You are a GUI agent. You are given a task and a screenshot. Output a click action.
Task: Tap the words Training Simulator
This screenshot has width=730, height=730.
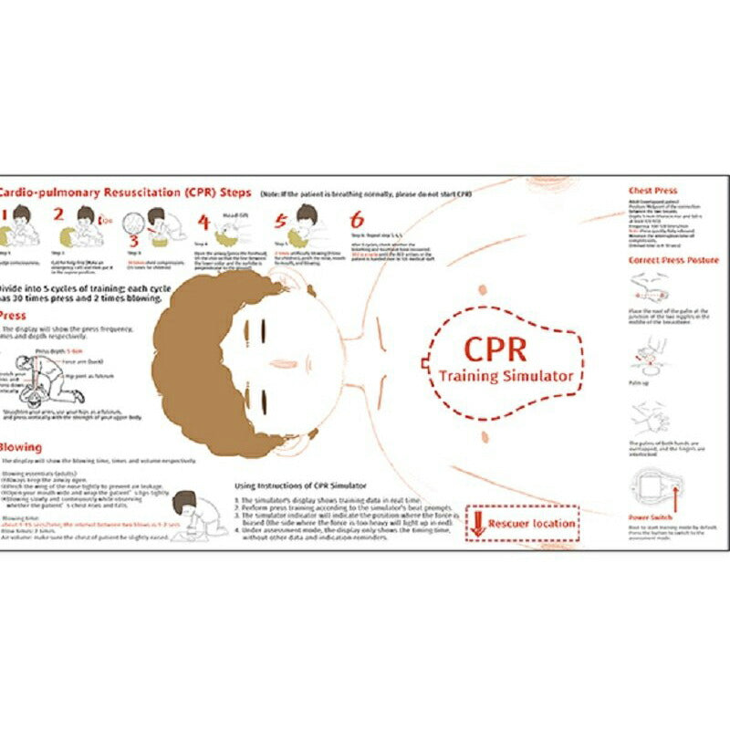(506, 375)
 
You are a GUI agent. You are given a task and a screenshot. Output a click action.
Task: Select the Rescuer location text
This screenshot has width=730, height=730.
(532, 524)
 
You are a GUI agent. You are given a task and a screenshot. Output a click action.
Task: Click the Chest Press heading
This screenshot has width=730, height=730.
(652, 191)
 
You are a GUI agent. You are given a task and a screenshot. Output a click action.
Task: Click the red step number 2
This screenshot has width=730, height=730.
(58, 215)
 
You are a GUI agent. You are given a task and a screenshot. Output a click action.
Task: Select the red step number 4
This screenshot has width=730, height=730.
(204, 223)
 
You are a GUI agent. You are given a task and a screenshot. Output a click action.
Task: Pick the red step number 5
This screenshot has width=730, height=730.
(280, 221)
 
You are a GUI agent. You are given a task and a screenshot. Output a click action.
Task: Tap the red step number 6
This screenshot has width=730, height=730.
(357, 220)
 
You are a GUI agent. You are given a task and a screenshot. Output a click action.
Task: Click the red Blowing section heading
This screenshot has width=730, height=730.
(20, 448)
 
